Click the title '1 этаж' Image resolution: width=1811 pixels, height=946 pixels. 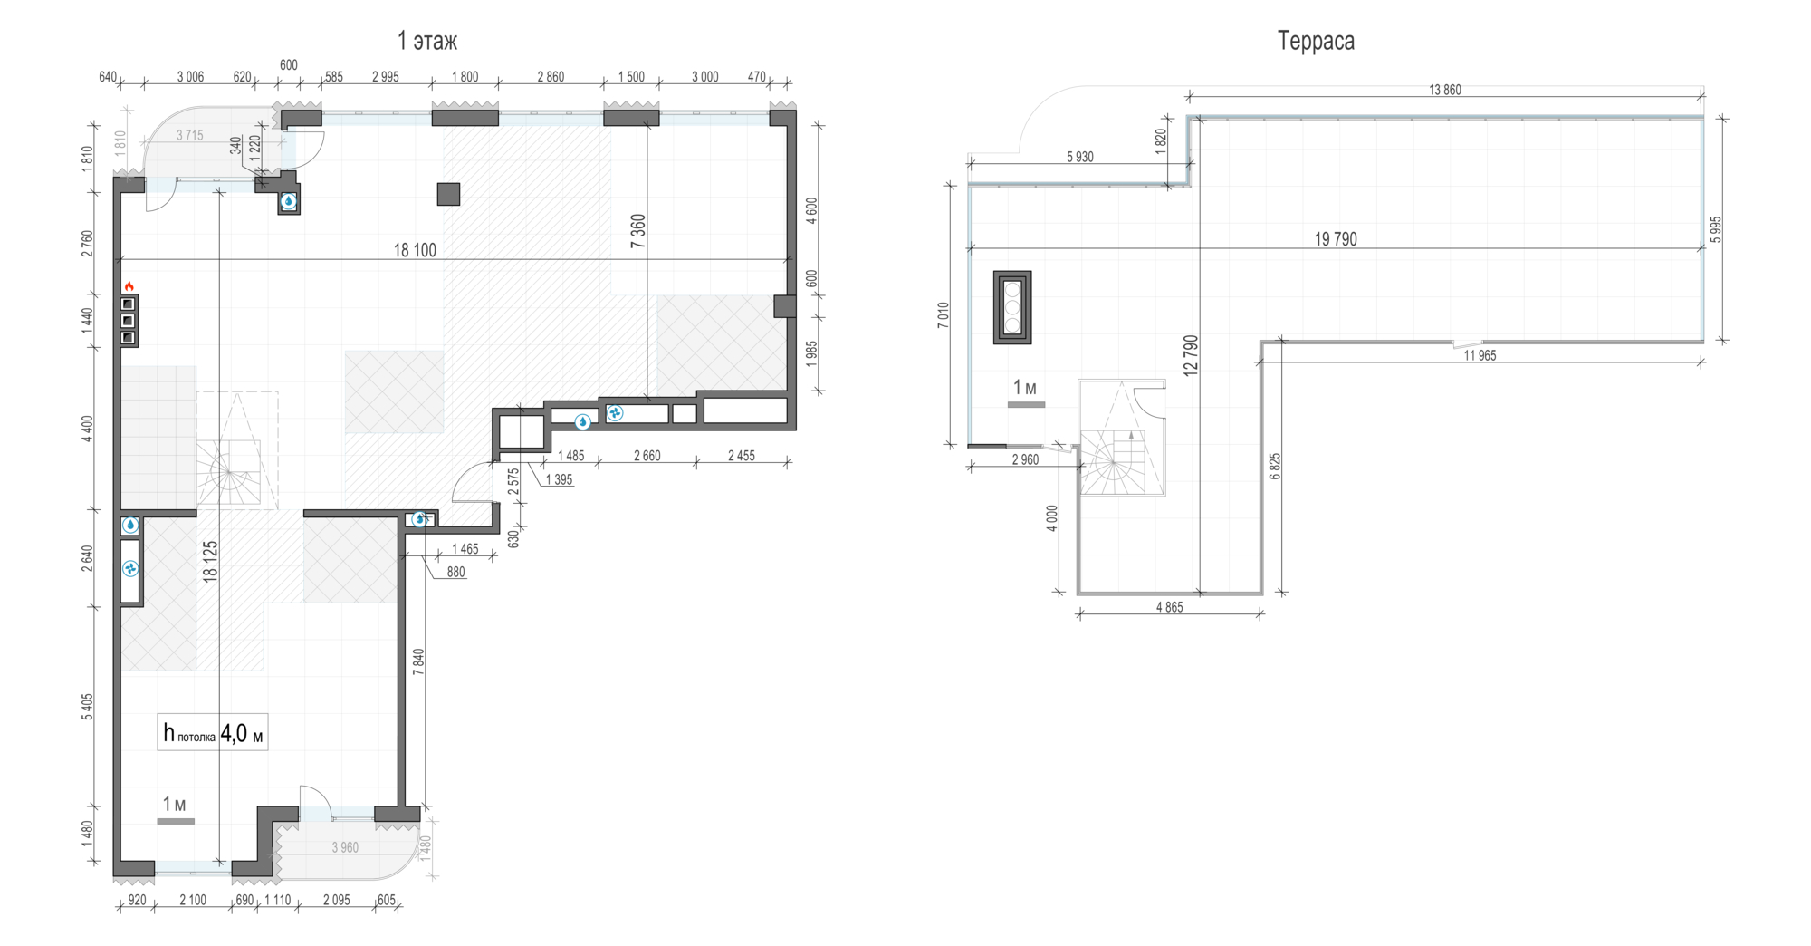click(426, 41)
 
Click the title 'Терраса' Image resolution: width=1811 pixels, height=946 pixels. click(1316, 41)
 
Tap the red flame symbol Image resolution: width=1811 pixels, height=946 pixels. click(129, 286)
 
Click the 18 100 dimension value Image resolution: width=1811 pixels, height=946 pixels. click(415, 250)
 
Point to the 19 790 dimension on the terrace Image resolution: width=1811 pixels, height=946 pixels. click(1336, 239)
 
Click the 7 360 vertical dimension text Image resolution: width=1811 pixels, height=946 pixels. click(638, 231)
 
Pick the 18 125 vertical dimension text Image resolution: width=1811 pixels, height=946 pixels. click(210, 561)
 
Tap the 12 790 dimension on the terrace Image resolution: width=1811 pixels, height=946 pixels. click(1191, 355)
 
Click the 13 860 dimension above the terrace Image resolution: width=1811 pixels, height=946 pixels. click(1444, 90)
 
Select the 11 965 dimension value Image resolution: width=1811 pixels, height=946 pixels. click(1480, 356)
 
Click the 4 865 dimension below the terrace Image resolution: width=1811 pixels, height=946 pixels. click(1169, 607)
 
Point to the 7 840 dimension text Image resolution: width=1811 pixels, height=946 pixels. click(417, 661)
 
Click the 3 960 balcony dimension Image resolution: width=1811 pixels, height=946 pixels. click(345, 848)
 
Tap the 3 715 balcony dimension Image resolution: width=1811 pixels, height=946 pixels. click(190, 136)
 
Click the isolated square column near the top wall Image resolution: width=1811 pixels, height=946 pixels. click(448, 194)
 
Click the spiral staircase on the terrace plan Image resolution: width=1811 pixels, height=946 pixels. click(1121, 438)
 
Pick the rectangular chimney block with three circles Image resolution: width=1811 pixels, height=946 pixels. click(1012, 307)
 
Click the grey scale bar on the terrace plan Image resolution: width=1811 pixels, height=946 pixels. click(1026, 404)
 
